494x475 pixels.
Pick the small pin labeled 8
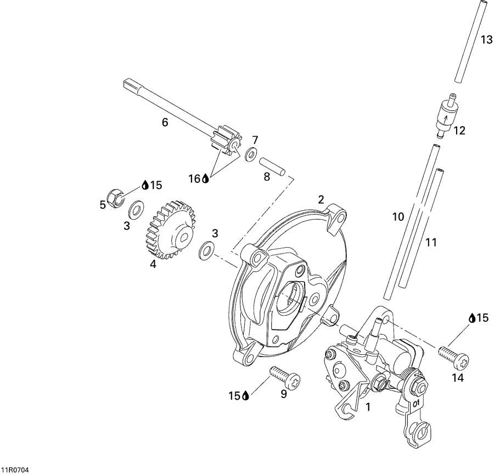[x=272, y=166]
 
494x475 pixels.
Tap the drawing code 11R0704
[x=15, y=470]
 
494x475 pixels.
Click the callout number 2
[x=321, y=199]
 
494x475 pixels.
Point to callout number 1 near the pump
[x=368, y=408]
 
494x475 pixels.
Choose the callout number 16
[x=195, y=178]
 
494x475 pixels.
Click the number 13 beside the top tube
[x=486, y=40]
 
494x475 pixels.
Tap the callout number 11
[x=431, y=242]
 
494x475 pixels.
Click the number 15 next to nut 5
[x=156, y=185]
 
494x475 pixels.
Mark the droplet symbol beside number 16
[x=205, y=178]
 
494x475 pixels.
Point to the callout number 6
[x=165, y=122]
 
